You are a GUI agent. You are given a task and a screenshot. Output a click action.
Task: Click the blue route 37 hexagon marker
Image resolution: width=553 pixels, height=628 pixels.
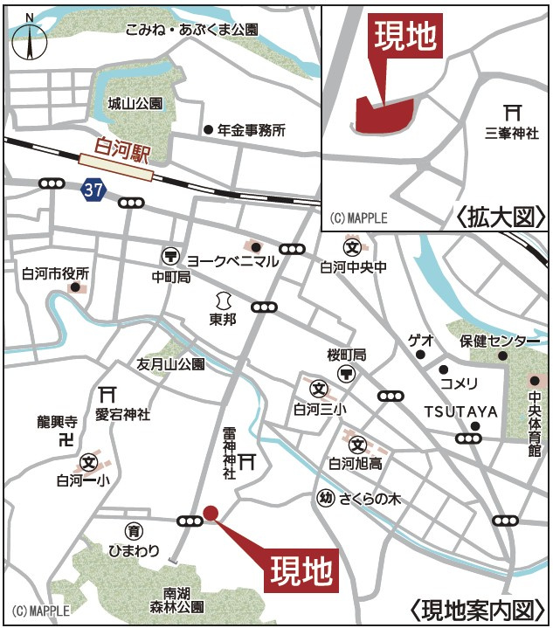(93, 189)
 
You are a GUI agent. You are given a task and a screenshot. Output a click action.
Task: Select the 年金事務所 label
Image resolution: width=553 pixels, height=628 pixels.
(252, 131)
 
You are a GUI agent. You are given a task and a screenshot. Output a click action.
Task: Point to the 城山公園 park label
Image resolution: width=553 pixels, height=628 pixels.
(135, 103)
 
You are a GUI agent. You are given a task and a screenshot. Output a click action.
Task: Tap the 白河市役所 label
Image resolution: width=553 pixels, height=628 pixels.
(56, 273)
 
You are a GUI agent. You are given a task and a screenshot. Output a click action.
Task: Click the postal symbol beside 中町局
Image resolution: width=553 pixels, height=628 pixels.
(170, 256)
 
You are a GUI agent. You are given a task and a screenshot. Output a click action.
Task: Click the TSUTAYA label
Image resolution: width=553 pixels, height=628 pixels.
(460, 411)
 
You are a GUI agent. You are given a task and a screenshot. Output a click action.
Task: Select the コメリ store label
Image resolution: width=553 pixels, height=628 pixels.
(459, 383)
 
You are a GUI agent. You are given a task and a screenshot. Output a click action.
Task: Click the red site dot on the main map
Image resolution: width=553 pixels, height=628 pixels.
(211, 513)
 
